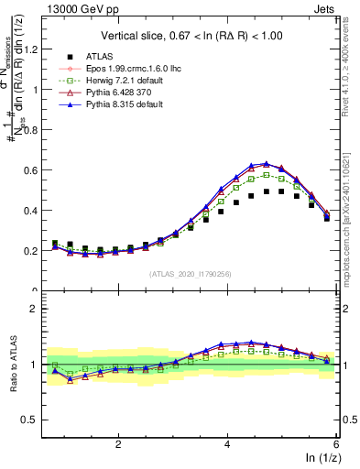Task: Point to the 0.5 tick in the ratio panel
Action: [x=34, y=420]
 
